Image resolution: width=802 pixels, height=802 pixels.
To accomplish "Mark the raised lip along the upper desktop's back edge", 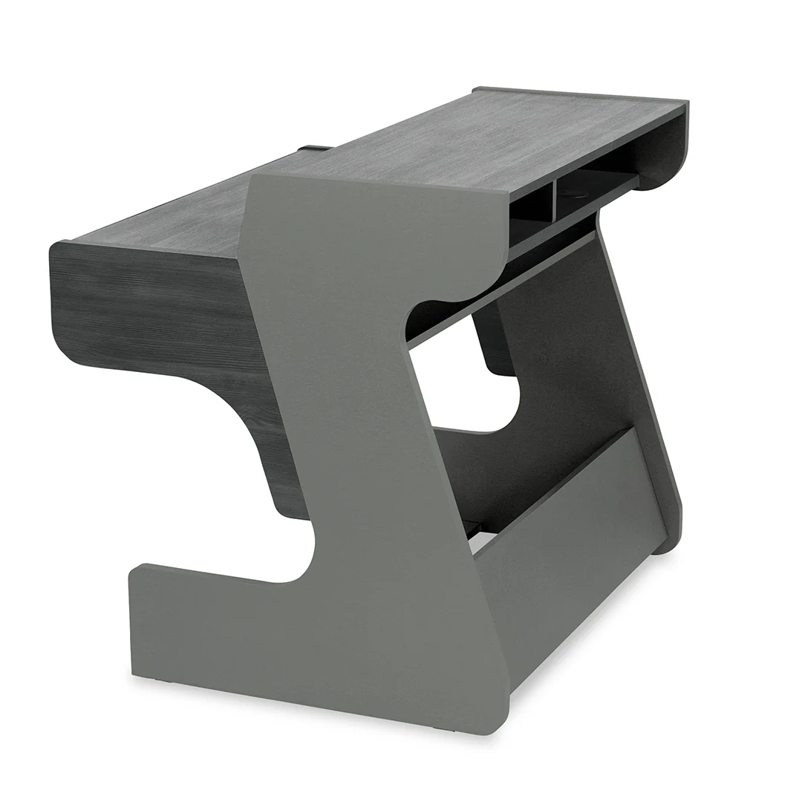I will click(579, 92).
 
